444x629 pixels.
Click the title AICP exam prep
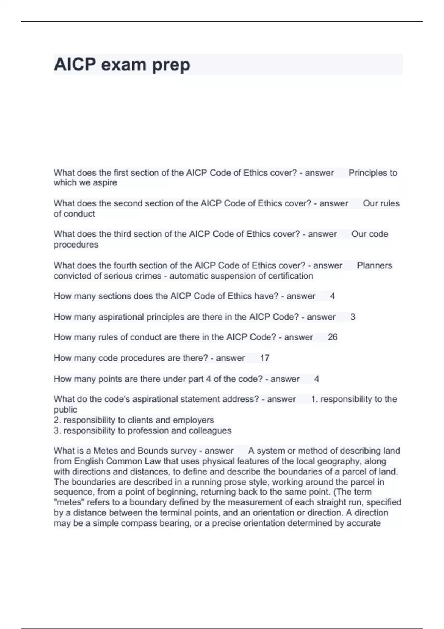122,64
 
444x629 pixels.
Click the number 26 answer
332,337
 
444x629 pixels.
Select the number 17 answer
265,358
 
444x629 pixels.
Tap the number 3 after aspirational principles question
353,317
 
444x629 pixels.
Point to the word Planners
374,265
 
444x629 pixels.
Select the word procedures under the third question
76,245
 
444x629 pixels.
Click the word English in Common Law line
89,461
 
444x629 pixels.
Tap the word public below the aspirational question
65,410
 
